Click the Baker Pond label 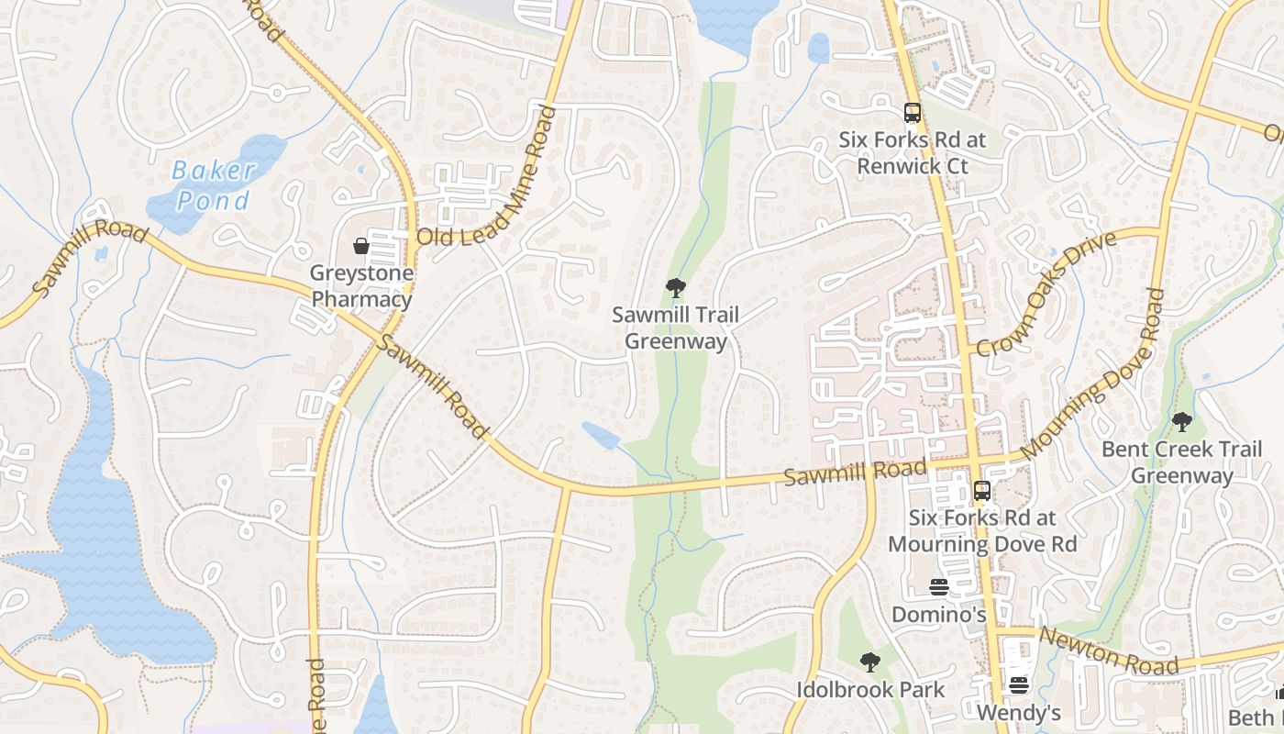[x=213, y=184]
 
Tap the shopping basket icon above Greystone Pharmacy [x=361, y=246]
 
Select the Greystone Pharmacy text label [x=361, y=286]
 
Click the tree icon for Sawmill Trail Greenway [x=676, y=288]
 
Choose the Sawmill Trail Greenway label [x=676, y=328]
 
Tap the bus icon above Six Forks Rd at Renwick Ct [x=912, y=113]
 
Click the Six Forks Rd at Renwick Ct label [x=912, y=153]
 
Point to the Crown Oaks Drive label [x=1046, y=294]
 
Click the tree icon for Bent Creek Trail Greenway [x=1181, y=422]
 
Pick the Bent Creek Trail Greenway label [x=1181, y=462]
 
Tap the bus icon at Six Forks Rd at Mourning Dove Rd [x=981, y=490]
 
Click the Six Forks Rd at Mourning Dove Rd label [x=981, y=530]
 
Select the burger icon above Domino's [x=938, y=586]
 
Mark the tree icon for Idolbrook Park [x=869, y=662]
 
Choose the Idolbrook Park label [x=869, y=689]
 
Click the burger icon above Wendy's [x=1018, y=684]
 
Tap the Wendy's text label [x=1018, y=713]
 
